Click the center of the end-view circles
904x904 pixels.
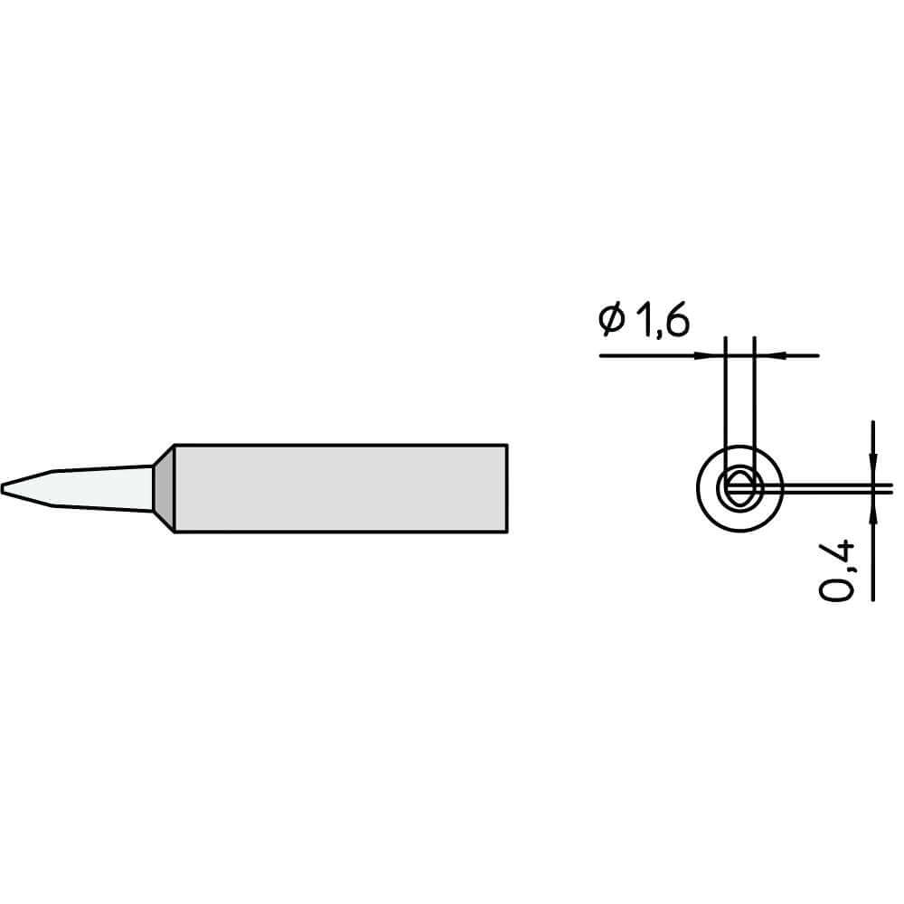click(739, 489)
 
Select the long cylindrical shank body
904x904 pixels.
click(339, 489)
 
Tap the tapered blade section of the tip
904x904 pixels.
click(90, 489)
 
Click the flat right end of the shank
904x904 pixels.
click(506, 489)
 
